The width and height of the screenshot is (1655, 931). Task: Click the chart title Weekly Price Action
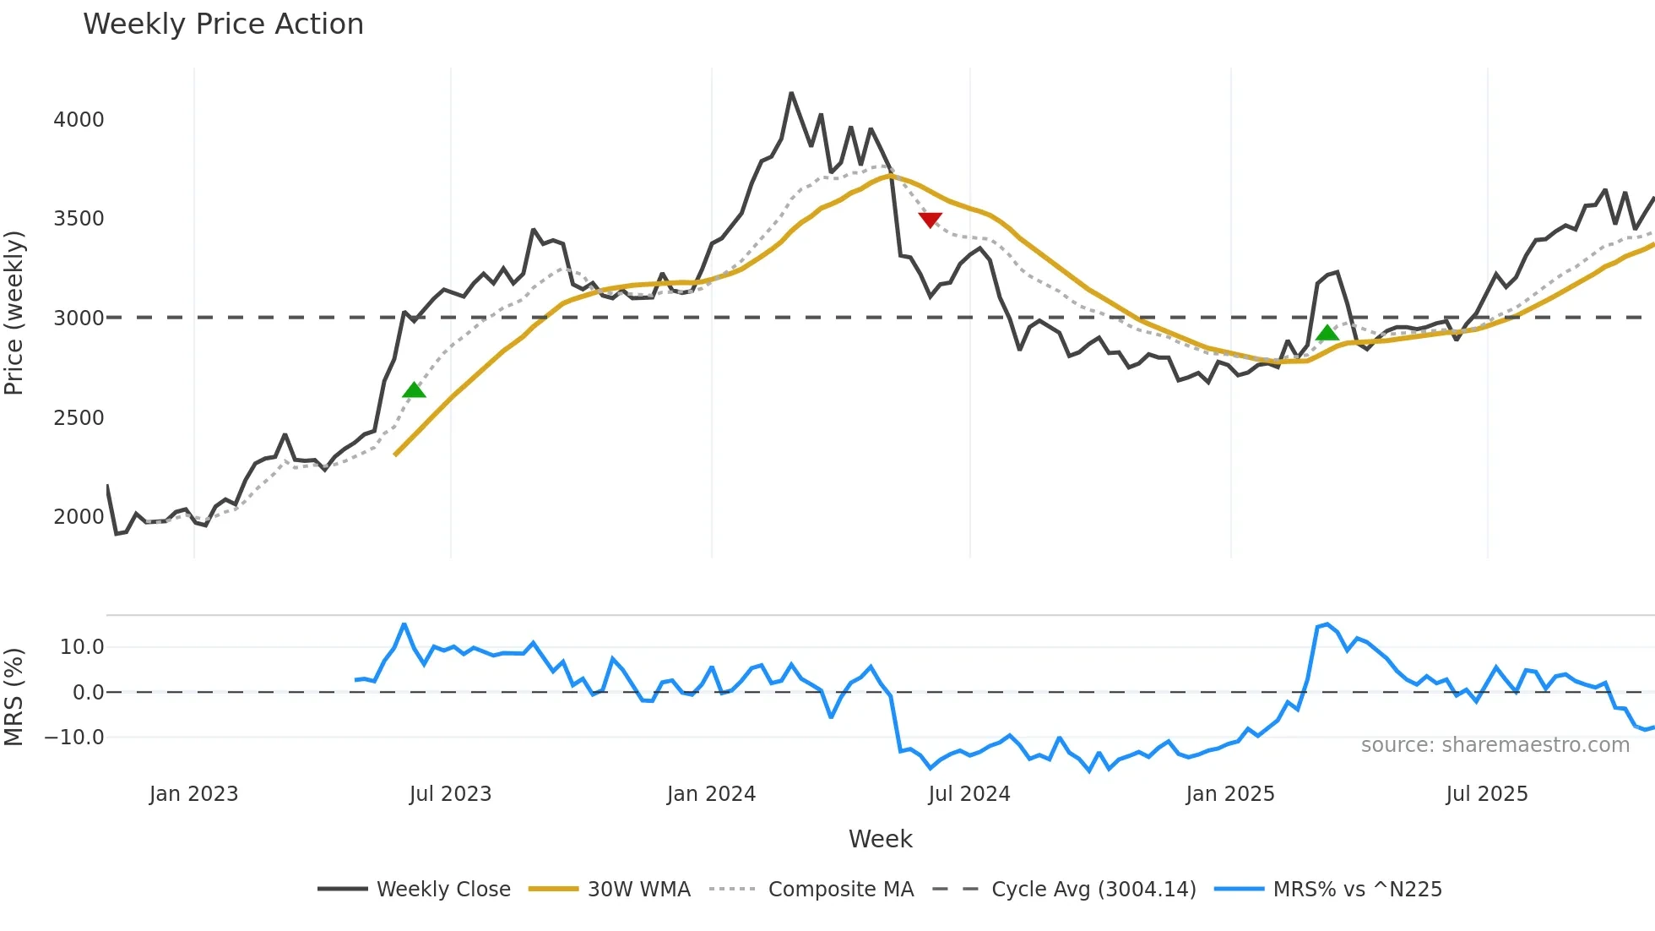(223, 24)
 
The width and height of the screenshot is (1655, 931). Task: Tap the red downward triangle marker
(930, 220)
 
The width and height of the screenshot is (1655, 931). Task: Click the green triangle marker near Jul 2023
(414, 389)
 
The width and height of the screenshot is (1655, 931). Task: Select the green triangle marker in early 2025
(1327, 333)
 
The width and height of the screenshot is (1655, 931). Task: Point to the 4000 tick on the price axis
(79, 120)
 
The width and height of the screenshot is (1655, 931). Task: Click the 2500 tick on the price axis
(79, 418)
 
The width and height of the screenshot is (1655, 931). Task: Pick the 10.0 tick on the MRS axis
(82, 647)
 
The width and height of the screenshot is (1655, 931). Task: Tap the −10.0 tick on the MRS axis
(74, 738)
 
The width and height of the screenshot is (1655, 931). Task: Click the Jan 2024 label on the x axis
(711, 794)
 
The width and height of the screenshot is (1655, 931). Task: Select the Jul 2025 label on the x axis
(1486, 794)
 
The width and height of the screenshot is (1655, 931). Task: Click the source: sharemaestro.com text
(1495, 745)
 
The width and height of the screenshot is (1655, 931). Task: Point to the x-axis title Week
(880, 839)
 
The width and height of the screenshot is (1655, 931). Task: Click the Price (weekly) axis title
(14, 313)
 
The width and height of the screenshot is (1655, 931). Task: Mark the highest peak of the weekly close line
(791, 93)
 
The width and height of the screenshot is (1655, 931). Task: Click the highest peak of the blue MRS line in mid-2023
(404, 624)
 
